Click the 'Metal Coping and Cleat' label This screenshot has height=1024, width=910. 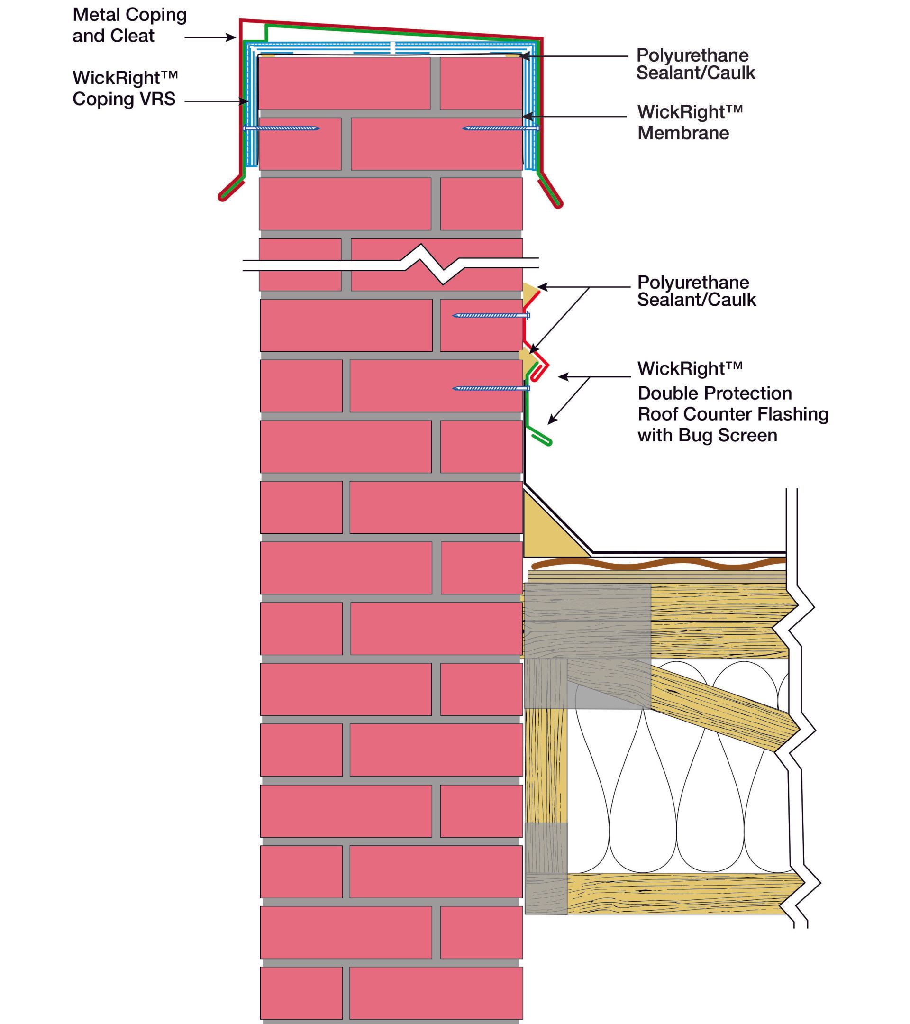pos(129,25)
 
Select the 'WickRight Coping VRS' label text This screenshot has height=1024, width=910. pos(124,88)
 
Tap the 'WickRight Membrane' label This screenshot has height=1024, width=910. pos(689,122)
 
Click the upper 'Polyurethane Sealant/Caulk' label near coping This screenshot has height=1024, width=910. pos(695,64)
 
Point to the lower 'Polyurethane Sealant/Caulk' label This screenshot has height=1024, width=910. pos(696,291)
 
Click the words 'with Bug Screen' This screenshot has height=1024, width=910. pos(707,435)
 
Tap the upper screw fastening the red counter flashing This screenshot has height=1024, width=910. pos(491,316)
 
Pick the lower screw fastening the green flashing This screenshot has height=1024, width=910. pos(491,388)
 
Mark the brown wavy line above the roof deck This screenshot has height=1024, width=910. pos(656,565)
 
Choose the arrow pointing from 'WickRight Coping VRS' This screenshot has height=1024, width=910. pos(216,101)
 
